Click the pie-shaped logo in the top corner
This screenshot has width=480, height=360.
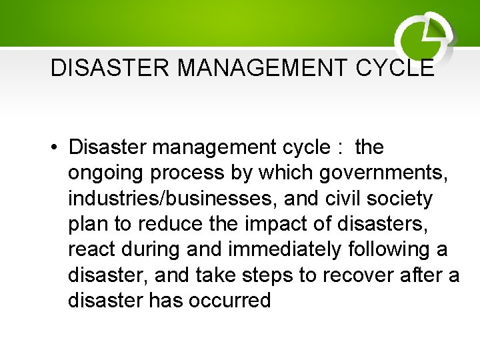tap(424, 37)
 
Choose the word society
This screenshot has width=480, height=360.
tap(408, 199)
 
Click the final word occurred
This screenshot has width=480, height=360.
tap(230, 301)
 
